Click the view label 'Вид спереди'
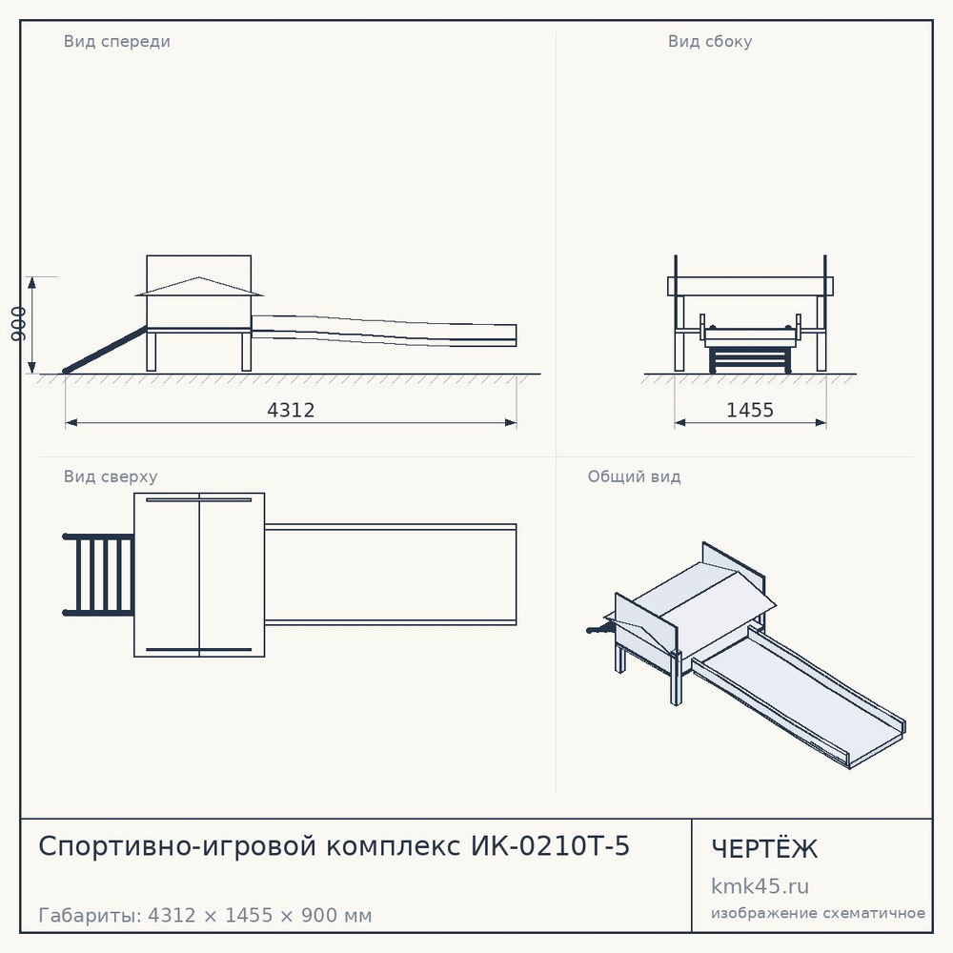[x=116, y=42]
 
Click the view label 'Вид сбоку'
[x=710, y=42]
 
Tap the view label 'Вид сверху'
[x=111, y=476]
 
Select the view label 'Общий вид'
[x=634, y=476]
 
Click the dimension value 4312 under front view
[x=291, y=410]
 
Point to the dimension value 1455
[x=750, y=410]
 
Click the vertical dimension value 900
[x=19, y=324]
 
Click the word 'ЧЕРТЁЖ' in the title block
[x=764, y=849]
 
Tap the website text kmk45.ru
[x=760, y=886]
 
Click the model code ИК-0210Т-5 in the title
[x=550, y=846]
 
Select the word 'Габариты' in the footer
[x=90, y=915]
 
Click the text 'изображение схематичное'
[x=818, y=914]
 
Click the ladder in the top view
[x=98, y=575]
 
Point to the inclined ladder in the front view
[x=105, y=350]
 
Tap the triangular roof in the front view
[x=199, y=287]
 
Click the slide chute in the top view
[x=390, y=575]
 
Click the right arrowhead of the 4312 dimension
[x=511, y=423]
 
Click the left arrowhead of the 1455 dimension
[x=680, y=423]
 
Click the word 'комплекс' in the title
[x=393, y=846]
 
